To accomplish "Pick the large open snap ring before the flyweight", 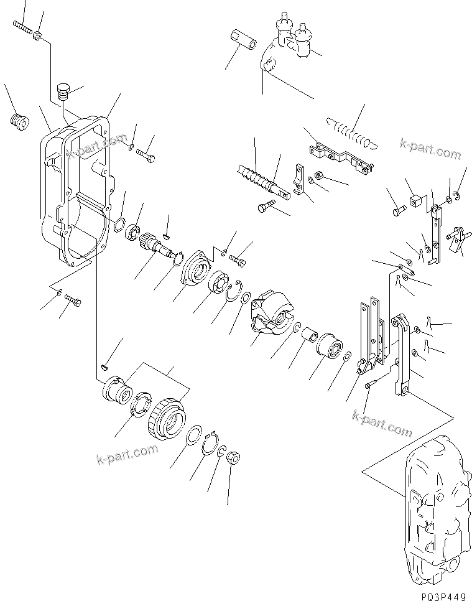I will (x=233, y=290).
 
